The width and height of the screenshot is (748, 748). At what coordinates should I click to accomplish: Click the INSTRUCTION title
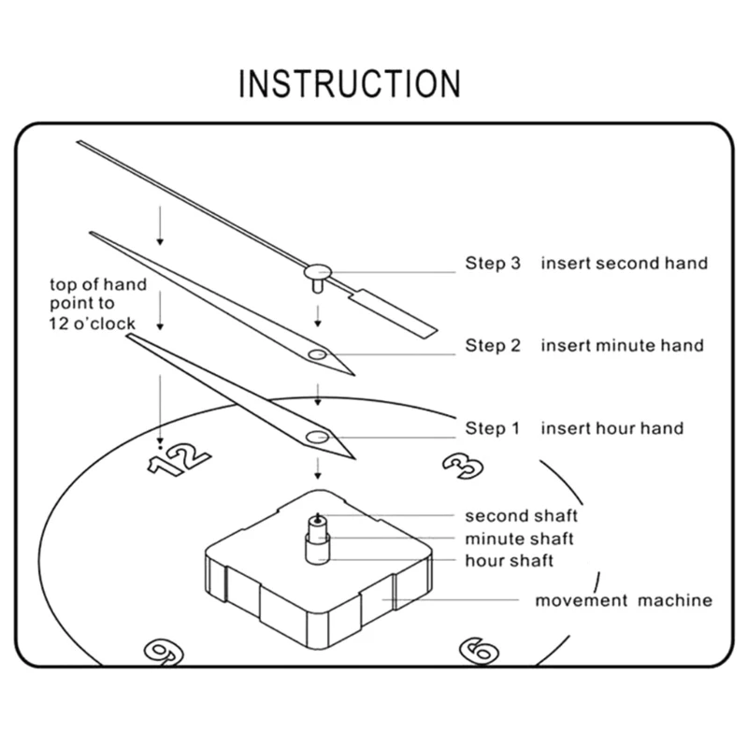pyautogui.click(x=350, y=83)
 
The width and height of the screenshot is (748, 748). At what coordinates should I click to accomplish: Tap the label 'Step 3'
pyautogui.click(x=492, y=263)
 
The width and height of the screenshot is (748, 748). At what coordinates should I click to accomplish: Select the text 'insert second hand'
pyautogui.click(x=624, y=263)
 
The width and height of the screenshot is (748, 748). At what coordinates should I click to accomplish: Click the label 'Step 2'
pyautogui.click(x=492, y=346)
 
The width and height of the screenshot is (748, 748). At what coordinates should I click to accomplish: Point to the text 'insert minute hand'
pyautogui.click(x=622, y=346)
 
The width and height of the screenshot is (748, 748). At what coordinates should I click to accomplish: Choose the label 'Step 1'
pyautogui.click(x=492, y=428)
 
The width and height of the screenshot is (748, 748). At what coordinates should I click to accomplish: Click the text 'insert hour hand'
pyautogui.click(x=611, y=428)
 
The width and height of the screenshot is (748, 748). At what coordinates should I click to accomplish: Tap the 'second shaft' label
pyautogui.click(x=522, y=515)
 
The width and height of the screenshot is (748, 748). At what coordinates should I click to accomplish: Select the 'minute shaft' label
pyautogui.click(x=520, y=539)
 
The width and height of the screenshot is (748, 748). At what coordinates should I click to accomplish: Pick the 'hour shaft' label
pyautogui.click(x=510, y=561)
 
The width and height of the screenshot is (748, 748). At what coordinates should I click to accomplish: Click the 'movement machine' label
pyautogui.click(x=623, y=600)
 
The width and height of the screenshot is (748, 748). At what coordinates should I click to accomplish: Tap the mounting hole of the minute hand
pyautogui.click(x=317, y=355)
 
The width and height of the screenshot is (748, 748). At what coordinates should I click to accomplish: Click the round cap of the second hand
pyautogui.click(x=315, y=271)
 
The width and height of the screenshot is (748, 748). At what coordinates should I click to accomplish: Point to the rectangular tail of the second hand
pyautogui.click(x=394, y=311)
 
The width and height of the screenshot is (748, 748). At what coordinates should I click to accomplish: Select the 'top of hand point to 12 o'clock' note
pyautogui.click(x=98, y=304)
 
